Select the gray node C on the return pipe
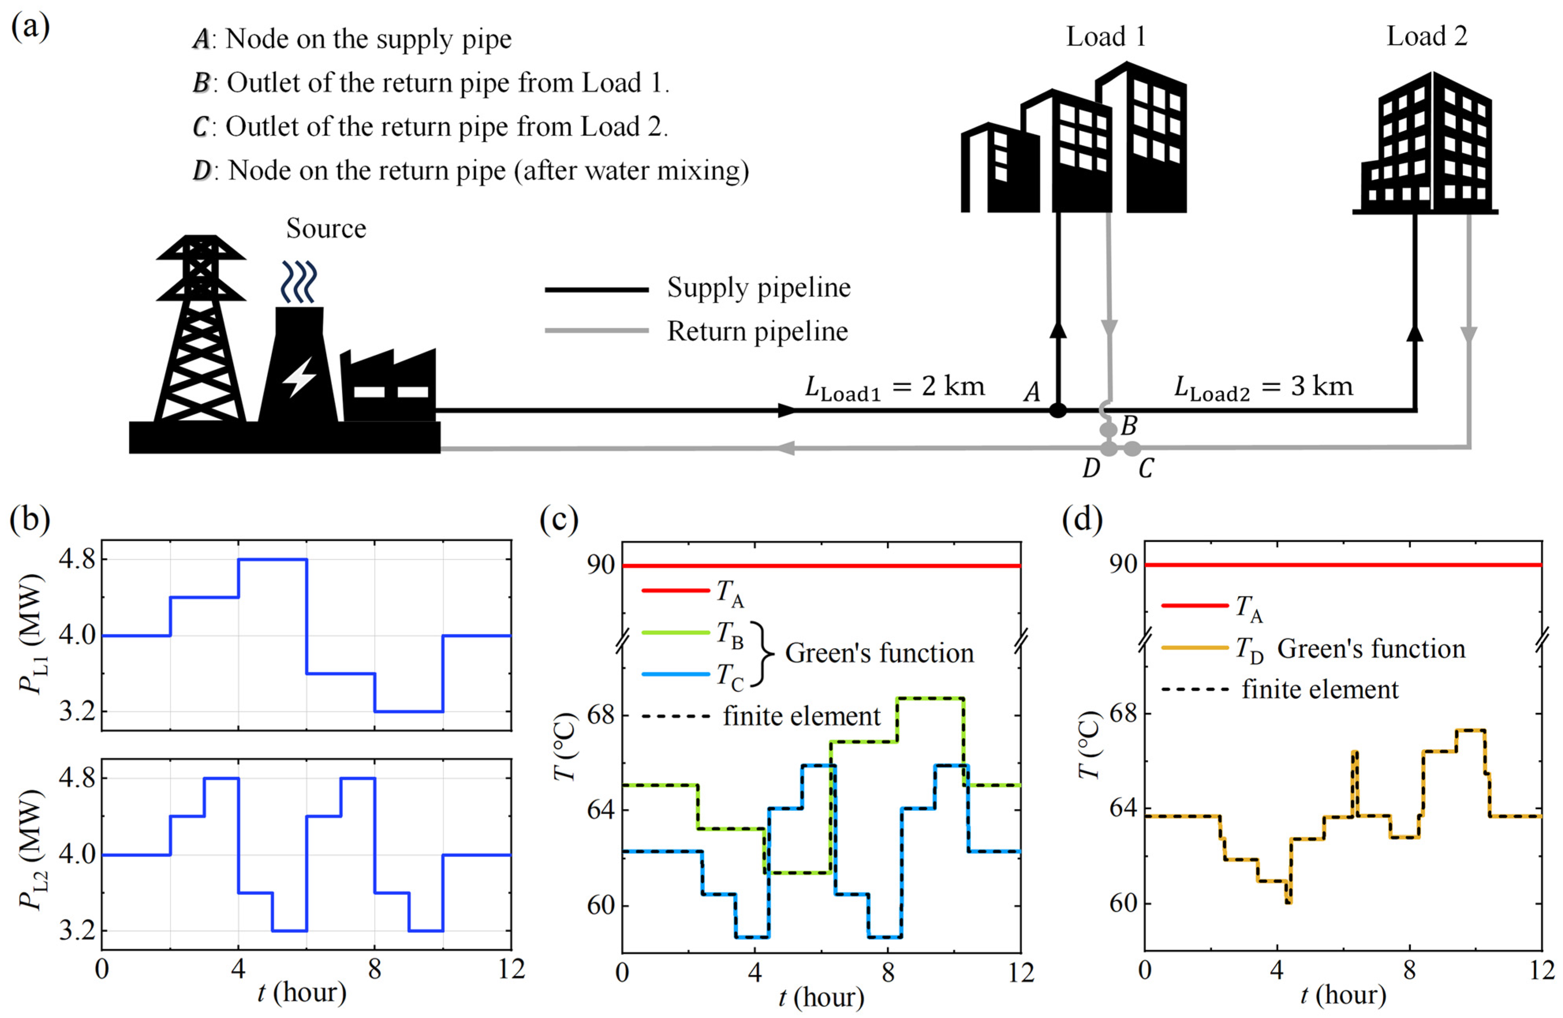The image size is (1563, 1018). pyautogui.click(x=1132, y=449)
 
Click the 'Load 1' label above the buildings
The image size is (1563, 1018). pyautogui.click(x=1106, y=37)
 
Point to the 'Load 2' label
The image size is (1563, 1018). pyautogui.click(x=1427, y=37)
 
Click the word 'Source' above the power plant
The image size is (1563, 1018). pyautogui.click(x=326, y=229)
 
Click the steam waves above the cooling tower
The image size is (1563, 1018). pyautogui.click(x=299, y=281)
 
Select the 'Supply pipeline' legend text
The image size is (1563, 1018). pyautogui.click(x=759, y=288)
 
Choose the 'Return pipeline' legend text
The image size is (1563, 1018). pyautogui.click(x=757, y=331)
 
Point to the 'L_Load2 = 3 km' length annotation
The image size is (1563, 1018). pyautogui.click(x=1264, y=388)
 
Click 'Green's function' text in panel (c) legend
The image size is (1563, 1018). pyautogui.click(x=879, y=653)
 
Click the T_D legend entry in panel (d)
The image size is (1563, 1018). pyautogui.click(x=1249, y=649)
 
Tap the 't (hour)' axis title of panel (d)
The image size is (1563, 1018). pyautogui.click(x=1343, y=996)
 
